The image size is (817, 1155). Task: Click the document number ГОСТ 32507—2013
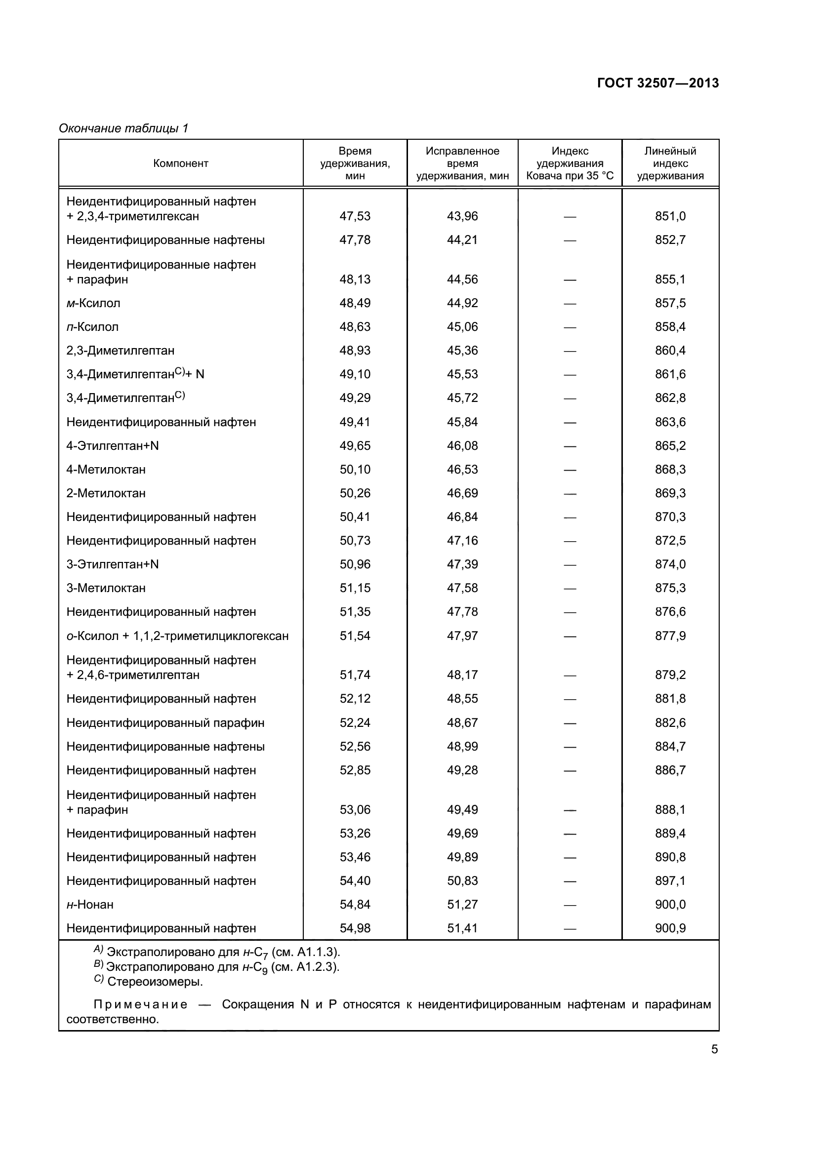pos(657,83)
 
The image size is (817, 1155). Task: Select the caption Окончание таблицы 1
pos(123,128)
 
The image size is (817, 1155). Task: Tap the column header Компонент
pos(181,163)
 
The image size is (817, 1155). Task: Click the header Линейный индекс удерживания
pos(670,163)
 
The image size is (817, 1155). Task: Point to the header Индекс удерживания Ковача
pos(570,163)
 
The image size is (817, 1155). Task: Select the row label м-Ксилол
pos(93,303)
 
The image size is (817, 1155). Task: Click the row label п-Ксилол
pos(92,327)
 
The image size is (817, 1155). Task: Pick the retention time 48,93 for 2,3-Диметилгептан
pos(355,351)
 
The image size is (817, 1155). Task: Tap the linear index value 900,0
pos(670,905)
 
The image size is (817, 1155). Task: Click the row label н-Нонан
pos(90,905)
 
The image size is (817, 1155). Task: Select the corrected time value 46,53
pos(462,469)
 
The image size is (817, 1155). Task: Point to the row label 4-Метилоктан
pos(106,469)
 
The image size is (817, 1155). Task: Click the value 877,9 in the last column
pos(670,636)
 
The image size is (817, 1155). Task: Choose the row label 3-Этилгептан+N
pos(113,564)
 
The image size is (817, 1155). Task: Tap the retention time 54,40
pos(355,881)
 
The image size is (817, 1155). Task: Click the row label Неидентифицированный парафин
pos(165,723)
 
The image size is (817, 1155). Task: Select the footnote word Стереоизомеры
pos(155,982)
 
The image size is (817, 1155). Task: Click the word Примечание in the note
pos(140,1004)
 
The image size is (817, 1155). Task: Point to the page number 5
pos(714,1049)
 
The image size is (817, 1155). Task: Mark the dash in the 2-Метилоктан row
pos(570,493)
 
